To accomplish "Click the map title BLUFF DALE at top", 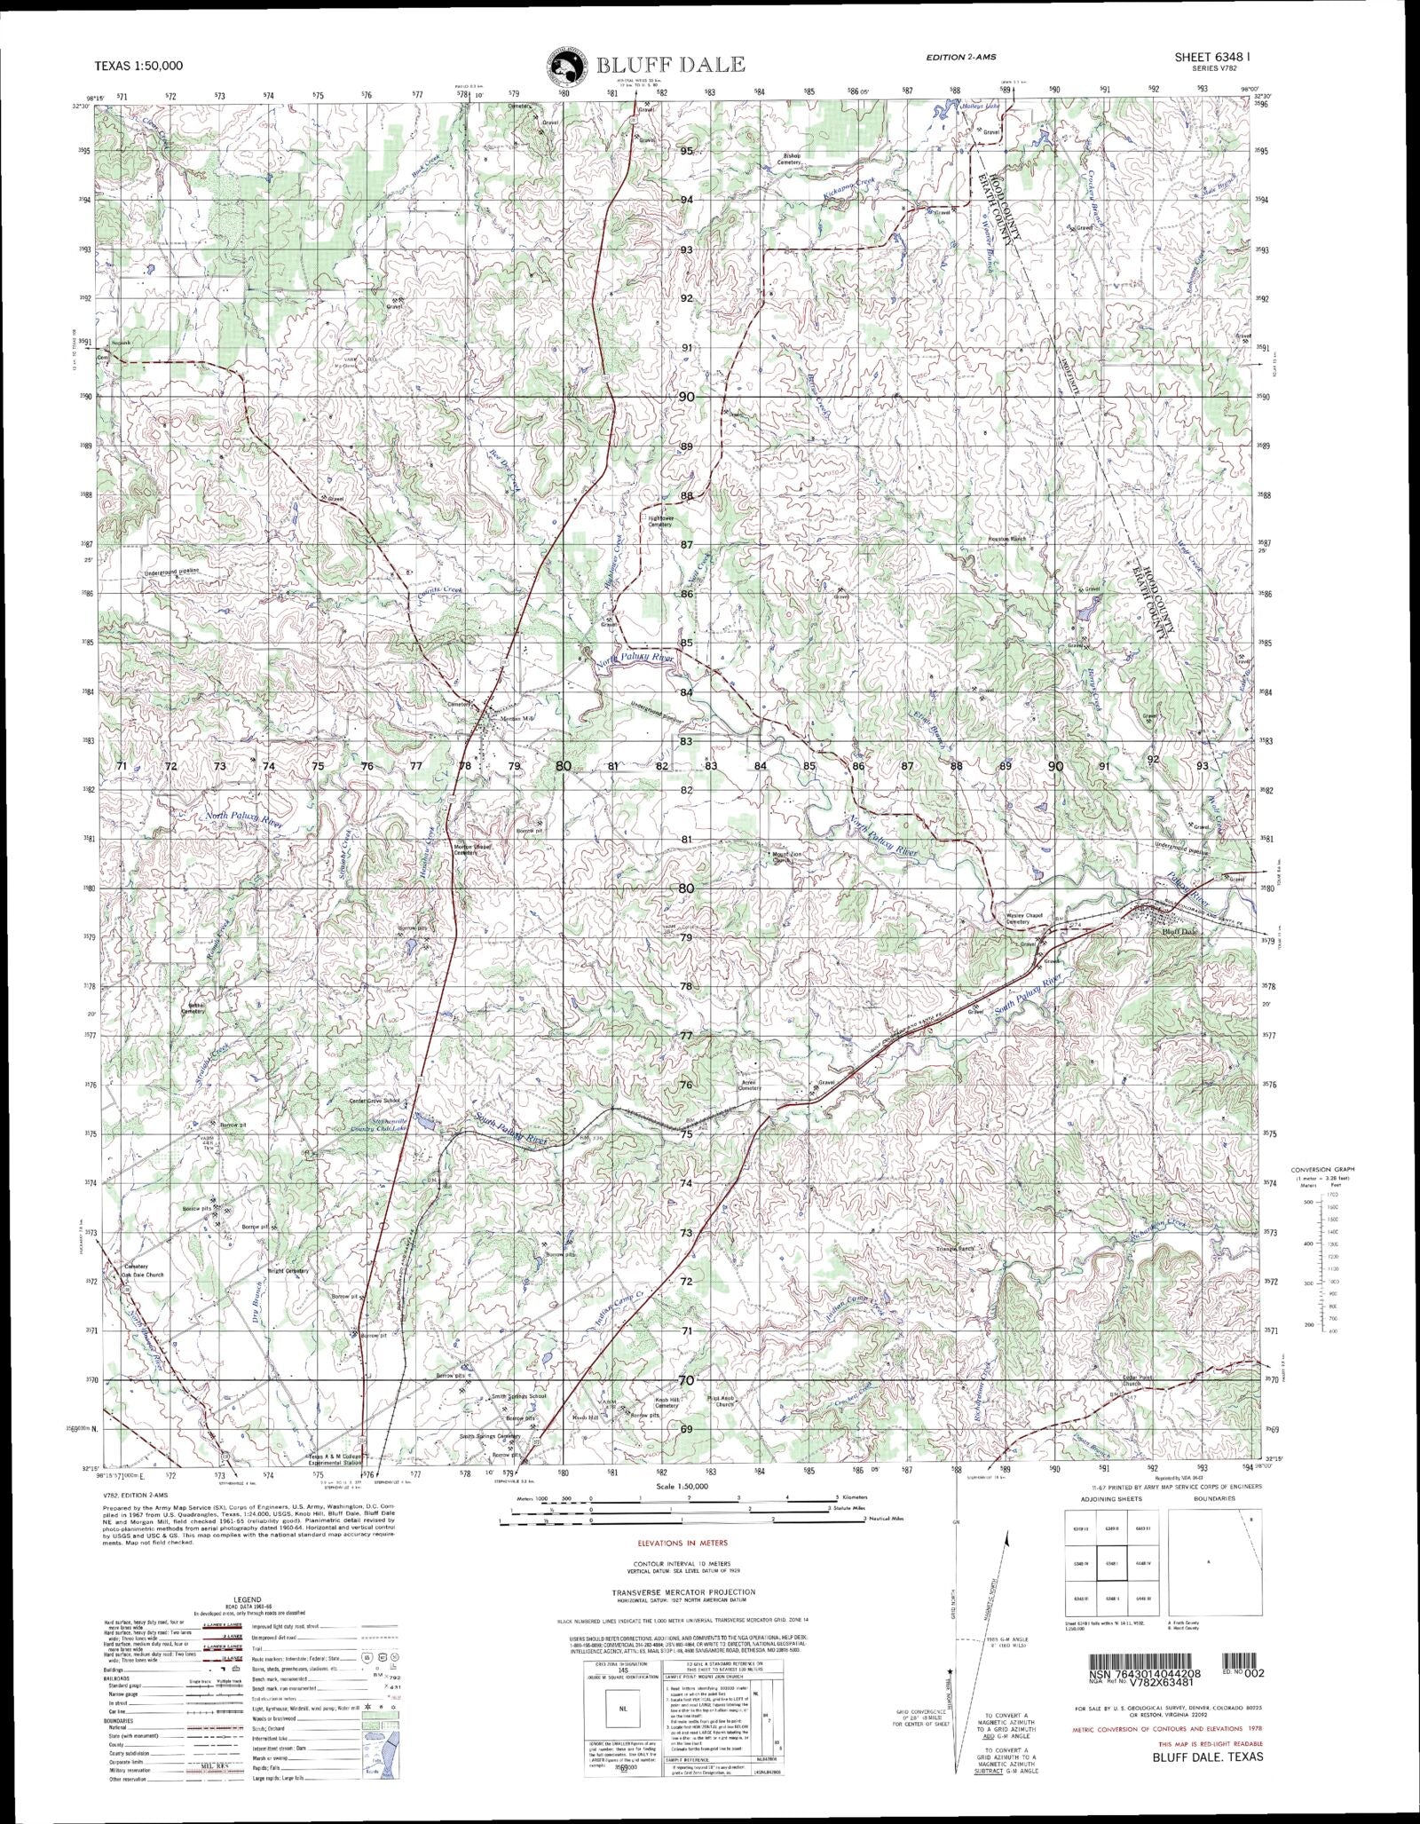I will pos(670,65).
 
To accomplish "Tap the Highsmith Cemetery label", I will pos(660,521).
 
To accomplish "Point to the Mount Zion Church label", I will pos(781,857).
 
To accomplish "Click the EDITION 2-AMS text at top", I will pos(960,57).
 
